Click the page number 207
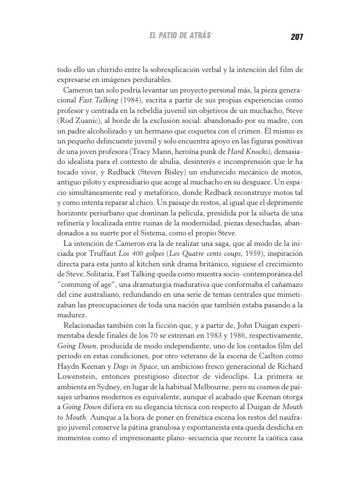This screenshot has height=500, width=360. pos(296,37)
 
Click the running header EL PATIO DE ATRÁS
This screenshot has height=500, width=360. pos(180,36)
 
